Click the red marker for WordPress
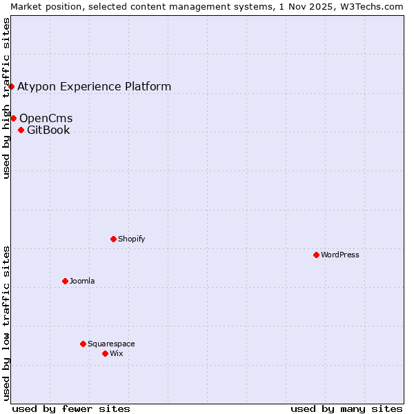coord(316,255)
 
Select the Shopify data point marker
coord(113,239)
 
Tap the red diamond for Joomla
coord(65,281)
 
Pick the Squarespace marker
coord(83,344)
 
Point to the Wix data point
coord(105,353)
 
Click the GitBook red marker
coord(21,130)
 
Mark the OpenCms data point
coord(13,118)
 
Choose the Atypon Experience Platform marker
coord(11,86)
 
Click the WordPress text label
coord(340,255)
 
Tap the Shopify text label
coord(131,239)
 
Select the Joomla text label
coord(82,281)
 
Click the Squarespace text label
coord(111,344)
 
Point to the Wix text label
coord(117,353)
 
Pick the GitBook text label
coord(48,130)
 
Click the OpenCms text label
coord(46,118)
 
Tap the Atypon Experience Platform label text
coord(94,86)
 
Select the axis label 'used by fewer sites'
coord(71,408)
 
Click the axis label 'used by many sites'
coord(346,408)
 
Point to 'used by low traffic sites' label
coord(6,323)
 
